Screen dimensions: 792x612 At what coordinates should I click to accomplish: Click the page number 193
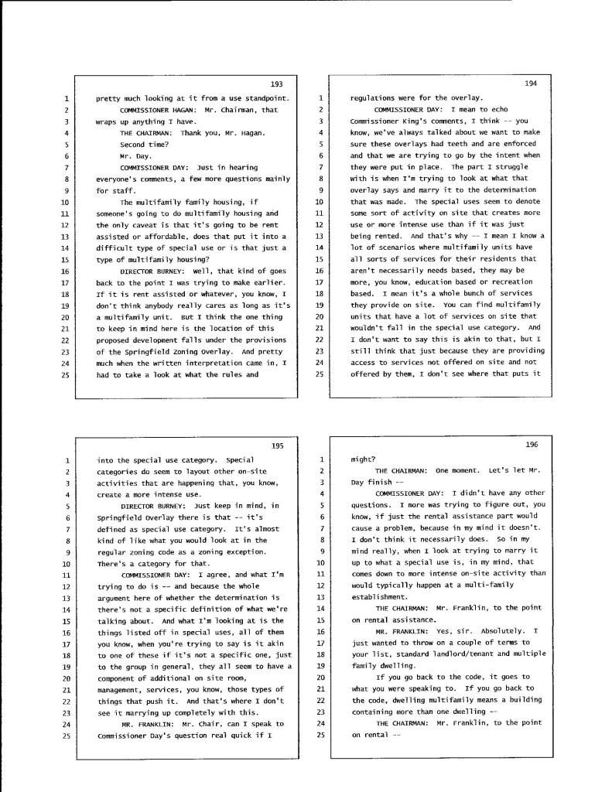click(x=277, y=84)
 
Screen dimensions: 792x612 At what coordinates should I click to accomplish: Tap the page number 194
click(x=531, y=83)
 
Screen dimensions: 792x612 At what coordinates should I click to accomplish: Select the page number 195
click(x=277, y=445)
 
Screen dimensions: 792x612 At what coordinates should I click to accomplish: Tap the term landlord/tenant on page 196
click(x=442, y=654)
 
